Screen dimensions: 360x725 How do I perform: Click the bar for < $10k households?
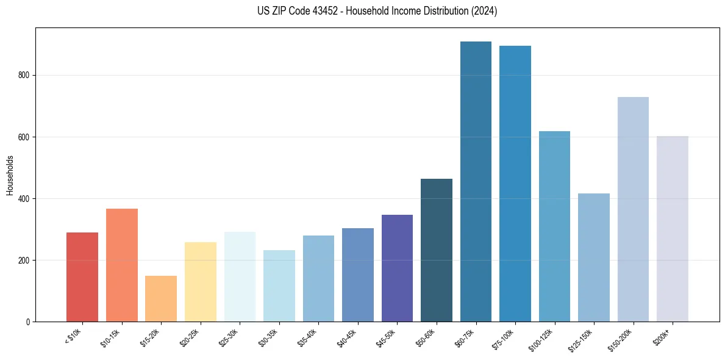click(82, 277)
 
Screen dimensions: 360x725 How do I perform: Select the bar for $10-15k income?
click(121, 265)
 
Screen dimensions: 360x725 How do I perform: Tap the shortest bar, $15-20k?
click(161, 298)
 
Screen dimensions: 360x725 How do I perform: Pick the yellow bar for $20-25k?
click(200, 282)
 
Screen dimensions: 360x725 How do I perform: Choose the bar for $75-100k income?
click(515, 184)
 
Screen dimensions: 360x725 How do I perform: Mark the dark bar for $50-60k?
click(436, 250)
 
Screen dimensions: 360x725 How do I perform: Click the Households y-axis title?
click(10, 175)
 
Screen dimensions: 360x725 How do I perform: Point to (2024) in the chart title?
click(485, 11)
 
